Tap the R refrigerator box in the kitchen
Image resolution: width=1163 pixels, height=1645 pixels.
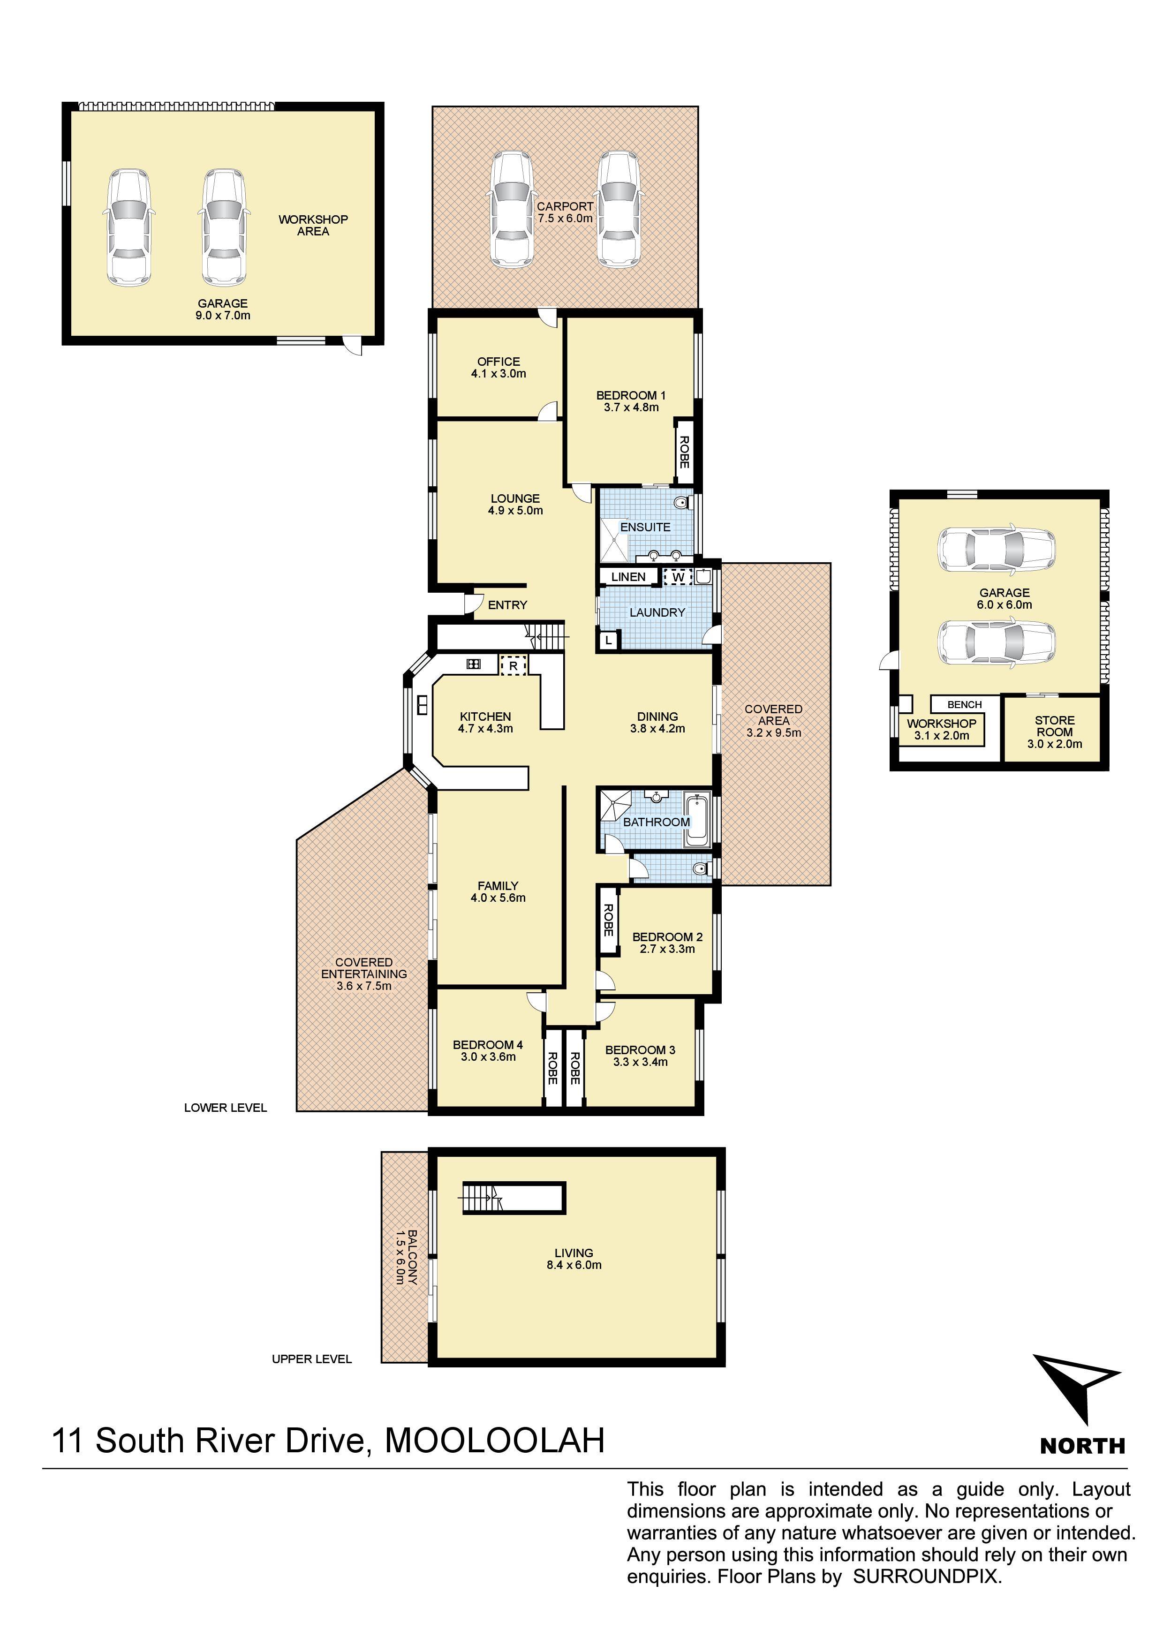point(513,665)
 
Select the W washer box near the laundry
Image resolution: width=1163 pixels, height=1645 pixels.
point(678,577)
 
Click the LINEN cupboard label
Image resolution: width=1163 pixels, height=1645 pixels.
point(628,577)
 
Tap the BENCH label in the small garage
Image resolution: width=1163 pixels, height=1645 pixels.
point(965,705)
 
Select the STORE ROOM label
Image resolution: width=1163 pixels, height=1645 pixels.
point(1055,726)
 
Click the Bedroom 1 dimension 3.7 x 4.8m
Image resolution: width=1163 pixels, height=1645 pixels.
point(631,407)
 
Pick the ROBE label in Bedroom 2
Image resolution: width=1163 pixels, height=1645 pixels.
point(608,921)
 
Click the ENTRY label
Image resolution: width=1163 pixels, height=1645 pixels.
point(507,605)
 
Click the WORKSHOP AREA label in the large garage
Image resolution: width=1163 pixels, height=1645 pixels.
point(313,226)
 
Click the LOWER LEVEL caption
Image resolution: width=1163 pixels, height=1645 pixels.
point(225,1108)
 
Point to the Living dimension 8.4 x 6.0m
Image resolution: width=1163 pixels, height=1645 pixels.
point(574,1265)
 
